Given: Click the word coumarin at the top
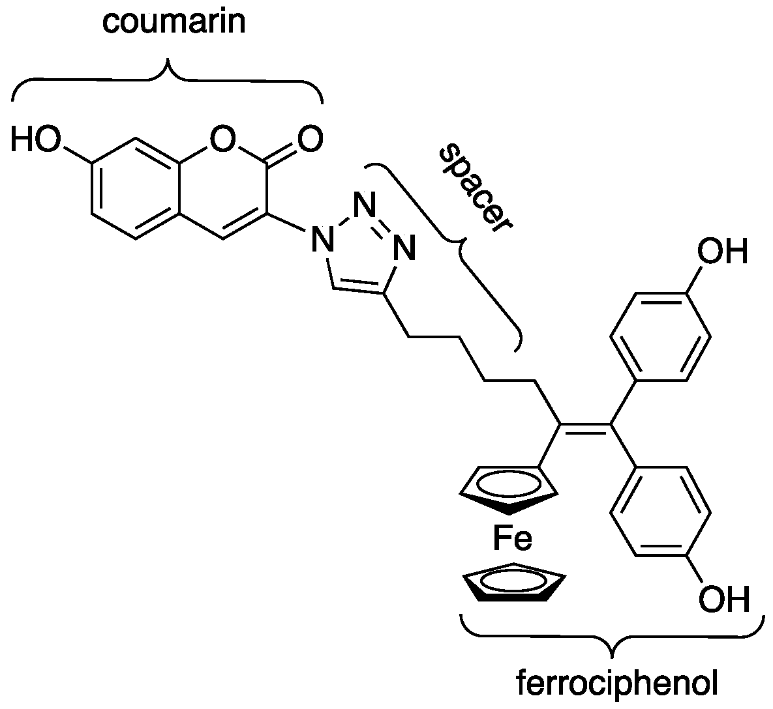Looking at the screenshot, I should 174,22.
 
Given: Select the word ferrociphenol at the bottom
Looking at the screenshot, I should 616,684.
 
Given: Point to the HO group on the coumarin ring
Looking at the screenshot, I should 35,140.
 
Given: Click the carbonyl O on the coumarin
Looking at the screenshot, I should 309,139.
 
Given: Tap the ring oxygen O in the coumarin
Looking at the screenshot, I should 222,139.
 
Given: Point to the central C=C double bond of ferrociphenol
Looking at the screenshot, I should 585,426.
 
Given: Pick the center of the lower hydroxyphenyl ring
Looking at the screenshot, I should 660,512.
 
